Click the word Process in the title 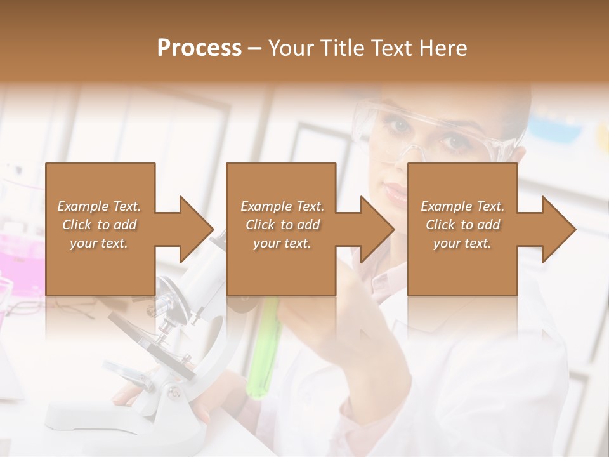(199, 48)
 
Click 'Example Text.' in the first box (99, 206)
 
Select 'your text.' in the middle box (282, 243)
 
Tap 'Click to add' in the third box (462, 225)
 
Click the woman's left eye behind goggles (457, 142)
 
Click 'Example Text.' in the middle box (282, 206)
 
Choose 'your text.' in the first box (99, 243)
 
